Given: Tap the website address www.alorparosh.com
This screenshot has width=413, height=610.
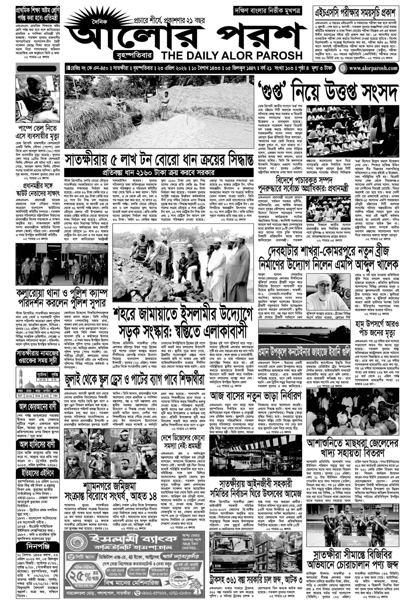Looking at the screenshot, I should (373, 68).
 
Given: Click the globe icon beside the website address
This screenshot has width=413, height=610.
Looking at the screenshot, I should (342, 68).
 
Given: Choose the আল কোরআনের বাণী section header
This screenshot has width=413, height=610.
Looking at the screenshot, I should (38, 407).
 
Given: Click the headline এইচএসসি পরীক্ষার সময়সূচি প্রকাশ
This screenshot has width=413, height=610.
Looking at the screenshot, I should (355, 12).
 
